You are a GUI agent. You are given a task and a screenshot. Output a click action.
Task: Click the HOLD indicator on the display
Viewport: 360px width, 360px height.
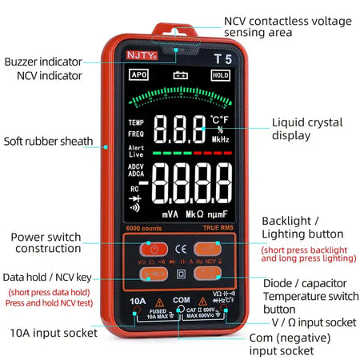pyautogui.click(x=220, y=75)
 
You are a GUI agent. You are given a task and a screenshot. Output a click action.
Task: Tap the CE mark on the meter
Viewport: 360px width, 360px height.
pyautogui.click(x=181, y=247)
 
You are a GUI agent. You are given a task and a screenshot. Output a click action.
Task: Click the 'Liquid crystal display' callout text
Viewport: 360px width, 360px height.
pyautogui.click(x=306, y=129)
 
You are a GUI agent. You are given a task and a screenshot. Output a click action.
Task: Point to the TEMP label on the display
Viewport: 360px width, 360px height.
pyautogui.click(x=136, y=122)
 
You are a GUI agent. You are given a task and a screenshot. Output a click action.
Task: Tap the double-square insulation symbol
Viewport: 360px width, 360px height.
pyautogui.click(x=181, y=274)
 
